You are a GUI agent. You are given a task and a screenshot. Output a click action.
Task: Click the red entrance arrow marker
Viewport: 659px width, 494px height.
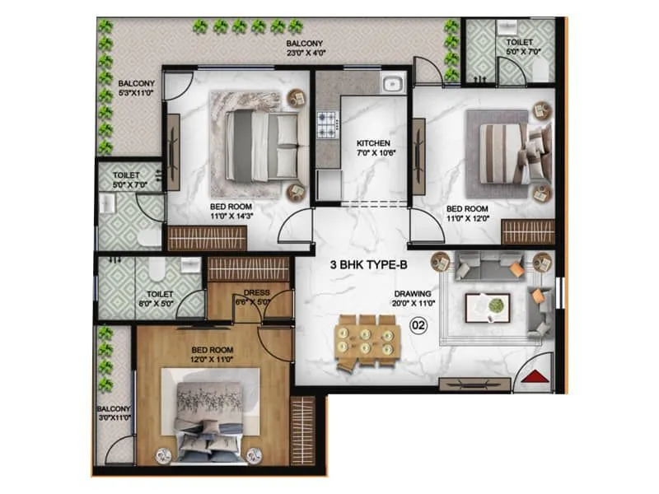pyautogui.click(x=536, y=377)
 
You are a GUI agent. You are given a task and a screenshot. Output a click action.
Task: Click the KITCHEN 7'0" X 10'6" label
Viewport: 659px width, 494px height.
pyautogui.click(x=373, y=150)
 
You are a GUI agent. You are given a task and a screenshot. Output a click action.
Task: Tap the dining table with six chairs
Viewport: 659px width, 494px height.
pyautogui.click(x=367, y=335)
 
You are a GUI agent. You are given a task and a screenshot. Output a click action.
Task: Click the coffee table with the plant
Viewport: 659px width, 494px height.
pyautogui.click(x=487, y=307)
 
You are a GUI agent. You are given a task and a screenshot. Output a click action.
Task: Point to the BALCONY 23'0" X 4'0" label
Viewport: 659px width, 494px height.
pyautogui.click(x=305, y=48)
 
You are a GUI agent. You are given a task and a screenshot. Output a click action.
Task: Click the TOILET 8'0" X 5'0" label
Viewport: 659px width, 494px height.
pyautogui.click(x=159, y=297)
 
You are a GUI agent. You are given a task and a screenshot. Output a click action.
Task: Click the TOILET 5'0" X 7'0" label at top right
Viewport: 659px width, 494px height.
pyautogui.click(x=520, y=47)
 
